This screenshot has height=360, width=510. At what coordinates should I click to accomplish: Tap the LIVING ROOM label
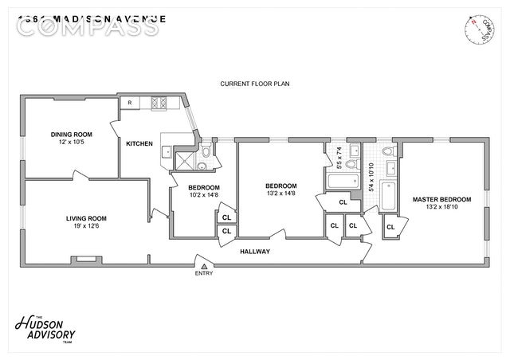86,218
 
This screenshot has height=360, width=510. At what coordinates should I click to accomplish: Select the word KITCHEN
139,144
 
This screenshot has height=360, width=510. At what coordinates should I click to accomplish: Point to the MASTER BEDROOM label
441,199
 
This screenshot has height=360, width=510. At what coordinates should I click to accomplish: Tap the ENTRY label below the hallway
204,274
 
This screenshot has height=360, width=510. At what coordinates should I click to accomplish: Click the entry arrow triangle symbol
204,266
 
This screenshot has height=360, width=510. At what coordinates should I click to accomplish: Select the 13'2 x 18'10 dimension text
441,208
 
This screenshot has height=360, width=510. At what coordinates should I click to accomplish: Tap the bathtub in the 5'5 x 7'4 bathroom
342,181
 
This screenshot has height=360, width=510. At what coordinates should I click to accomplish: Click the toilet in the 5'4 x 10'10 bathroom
388,151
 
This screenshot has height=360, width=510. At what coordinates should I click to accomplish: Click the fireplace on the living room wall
83,259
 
